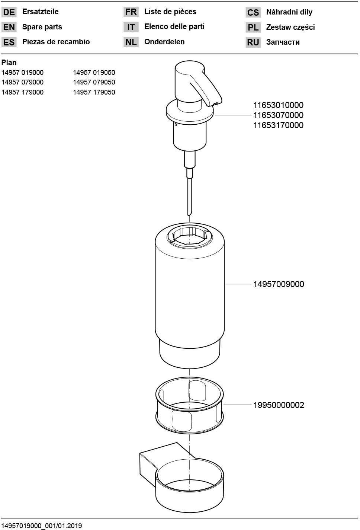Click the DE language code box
tap(9, 12)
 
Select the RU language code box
tap(253, 42)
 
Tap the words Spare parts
tap(42, 27)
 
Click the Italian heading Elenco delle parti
tap(174, 26)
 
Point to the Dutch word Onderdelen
tap(164, 42)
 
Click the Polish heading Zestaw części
tap(290, 27)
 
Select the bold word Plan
tap(9, 63)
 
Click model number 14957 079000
tap(22, 82)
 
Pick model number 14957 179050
tap(94, 92)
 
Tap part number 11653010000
tap(279, 105)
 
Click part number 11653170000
tap(279, 125)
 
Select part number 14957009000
tap(279, 284)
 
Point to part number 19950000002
tap(279, 405)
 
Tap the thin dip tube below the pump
tap(190, 197)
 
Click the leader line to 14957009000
tap(238, 284)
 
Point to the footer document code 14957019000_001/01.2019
tap(42, 526)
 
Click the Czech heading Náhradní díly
tap(289, 12)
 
